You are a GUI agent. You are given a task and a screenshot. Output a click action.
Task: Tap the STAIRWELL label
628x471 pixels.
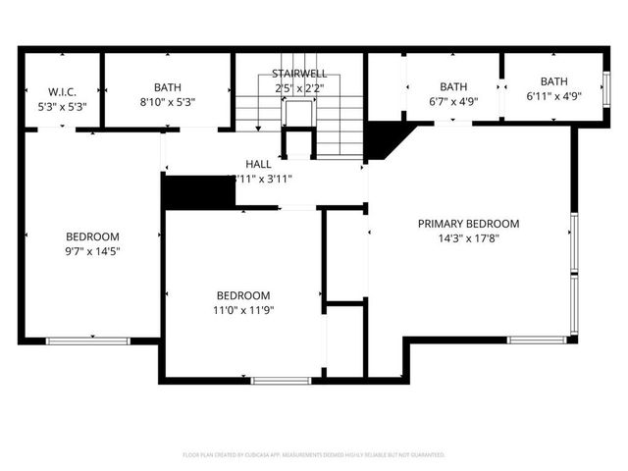coord(298,74)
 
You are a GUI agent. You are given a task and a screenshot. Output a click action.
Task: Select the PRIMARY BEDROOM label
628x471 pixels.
coord(468,224)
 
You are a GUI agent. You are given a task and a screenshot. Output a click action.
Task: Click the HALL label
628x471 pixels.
coord(258,164)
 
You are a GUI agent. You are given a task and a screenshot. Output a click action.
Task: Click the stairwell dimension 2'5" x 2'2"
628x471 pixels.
coord(298,87)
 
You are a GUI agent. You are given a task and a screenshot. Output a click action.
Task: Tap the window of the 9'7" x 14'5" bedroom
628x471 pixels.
coord(87,340)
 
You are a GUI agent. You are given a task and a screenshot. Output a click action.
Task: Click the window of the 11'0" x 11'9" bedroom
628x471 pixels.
coord(281,380)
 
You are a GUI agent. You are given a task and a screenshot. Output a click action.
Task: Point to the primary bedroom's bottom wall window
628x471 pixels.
coord(536,340)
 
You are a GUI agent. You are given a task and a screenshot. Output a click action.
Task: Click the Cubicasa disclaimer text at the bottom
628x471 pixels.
coord(314,455)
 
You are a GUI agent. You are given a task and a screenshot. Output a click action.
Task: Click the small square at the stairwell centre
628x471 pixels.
coord(297,112)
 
